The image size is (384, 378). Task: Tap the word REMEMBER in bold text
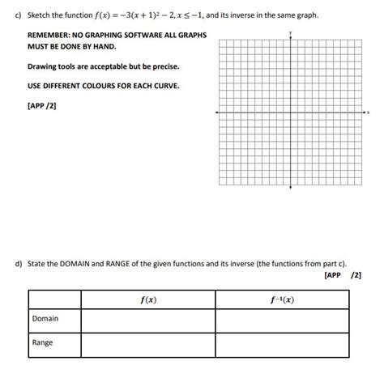tap(51, 36)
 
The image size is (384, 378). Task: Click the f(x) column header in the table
tap(148, 300)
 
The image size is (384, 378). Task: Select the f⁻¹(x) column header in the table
tap(282, 300)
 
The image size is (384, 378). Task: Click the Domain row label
tap(45, 319)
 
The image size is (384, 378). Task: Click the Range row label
tap(42, 343)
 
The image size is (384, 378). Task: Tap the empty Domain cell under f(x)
tap(148, 321)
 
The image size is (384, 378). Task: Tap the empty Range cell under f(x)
tap(148, 345)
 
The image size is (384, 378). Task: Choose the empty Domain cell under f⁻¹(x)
tap(282, 321)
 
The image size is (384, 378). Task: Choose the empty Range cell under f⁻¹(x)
tap(282, 345)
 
